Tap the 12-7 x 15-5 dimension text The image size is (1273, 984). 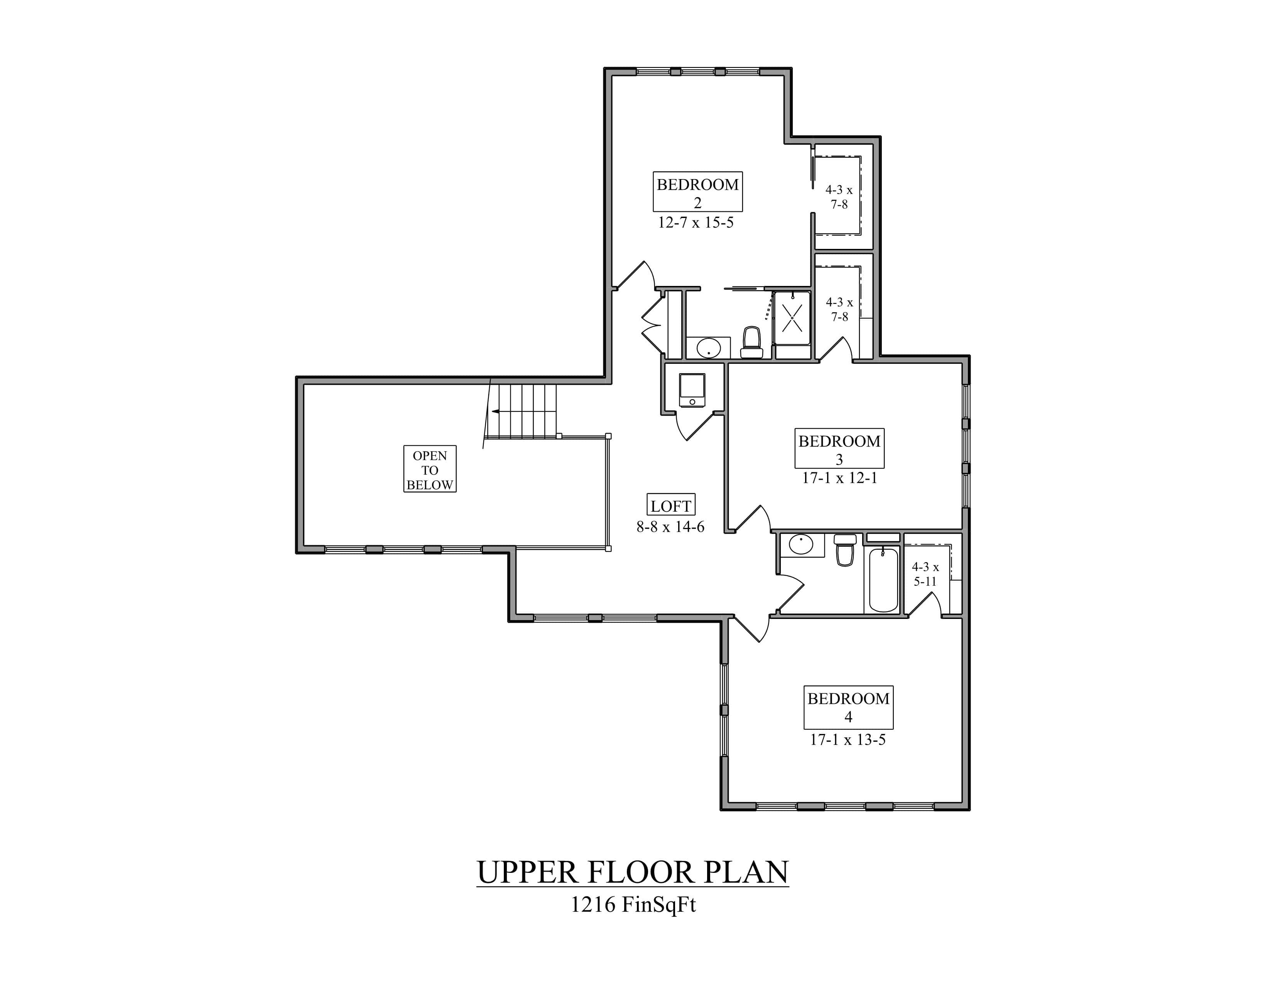(696, 223)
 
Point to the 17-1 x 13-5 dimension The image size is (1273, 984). (848, 740)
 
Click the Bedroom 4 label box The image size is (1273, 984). (848, 707)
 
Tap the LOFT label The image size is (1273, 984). (671, 506)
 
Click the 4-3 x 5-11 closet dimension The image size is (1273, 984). (925, 573)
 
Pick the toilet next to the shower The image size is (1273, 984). (751, 343)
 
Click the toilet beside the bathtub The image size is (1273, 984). (845, 550)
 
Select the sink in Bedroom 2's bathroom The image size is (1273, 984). (708, 348)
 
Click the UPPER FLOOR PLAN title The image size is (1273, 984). (632, 872)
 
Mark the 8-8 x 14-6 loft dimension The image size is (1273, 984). (670, 527)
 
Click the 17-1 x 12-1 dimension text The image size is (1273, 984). (839, 478)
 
